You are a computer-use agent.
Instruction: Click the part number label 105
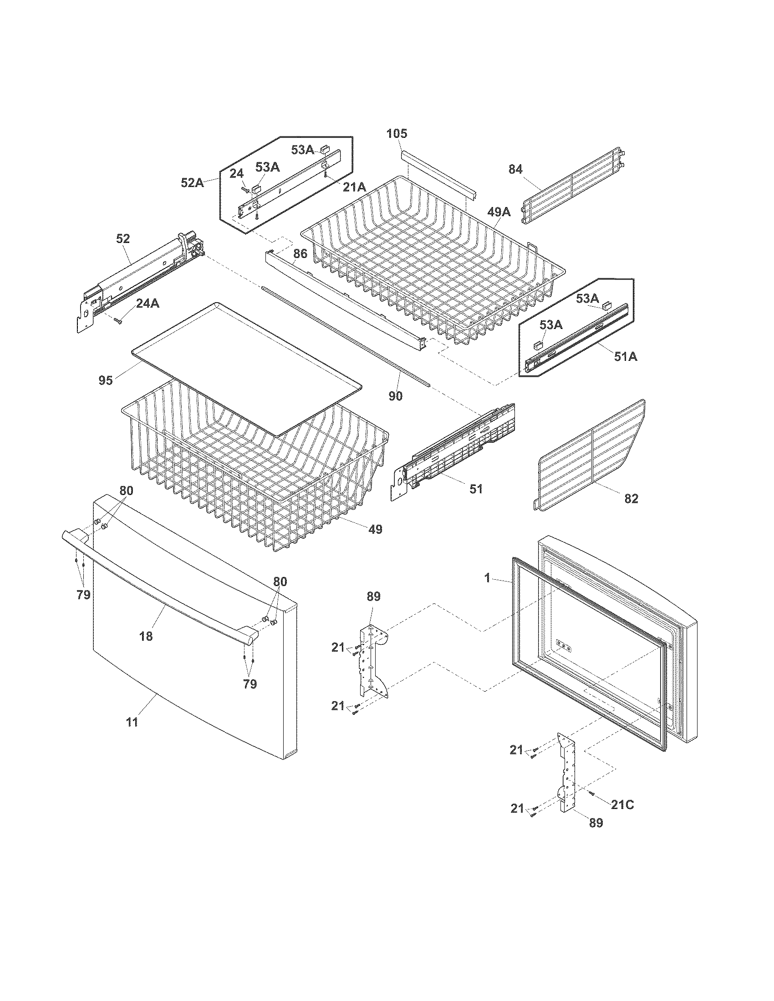(397, 134)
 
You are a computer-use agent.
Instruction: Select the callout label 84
(515, 170)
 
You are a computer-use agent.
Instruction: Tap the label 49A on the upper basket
(499, 212)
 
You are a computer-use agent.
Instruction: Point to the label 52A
(192, 182)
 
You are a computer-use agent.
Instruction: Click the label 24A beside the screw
(148, 303)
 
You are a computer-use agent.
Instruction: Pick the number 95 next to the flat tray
(106, 380)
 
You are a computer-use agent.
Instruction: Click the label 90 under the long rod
(396, 396)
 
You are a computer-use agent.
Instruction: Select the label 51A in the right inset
(626, 356)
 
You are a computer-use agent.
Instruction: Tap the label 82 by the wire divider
(631, 499)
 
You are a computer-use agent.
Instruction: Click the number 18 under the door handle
(146, 636)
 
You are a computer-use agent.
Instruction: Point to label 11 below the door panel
(132, 722)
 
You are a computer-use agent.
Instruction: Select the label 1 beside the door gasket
(488, 579)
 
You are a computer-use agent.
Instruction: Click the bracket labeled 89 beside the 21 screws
(372, 660)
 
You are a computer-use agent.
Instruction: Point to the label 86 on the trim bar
(300, 267)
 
